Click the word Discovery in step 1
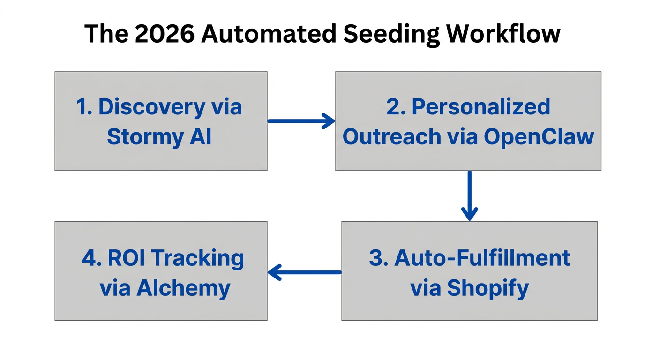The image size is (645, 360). coord(151,107)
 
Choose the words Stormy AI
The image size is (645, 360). coord(159,136)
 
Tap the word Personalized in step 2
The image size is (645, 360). coord(480,107)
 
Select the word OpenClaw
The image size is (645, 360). coord(539,136)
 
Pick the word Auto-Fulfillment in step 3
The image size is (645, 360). coord(482,258)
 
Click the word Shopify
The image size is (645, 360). coord(487,288)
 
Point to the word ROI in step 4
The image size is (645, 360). coord(128,258)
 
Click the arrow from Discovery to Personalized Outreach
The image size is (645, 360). coord(301,121)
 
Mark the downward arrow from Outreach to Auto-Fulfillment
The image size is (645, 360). coord(469,195)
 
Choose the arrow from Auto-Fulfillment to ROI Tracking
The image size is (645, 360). coord(304,272)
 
